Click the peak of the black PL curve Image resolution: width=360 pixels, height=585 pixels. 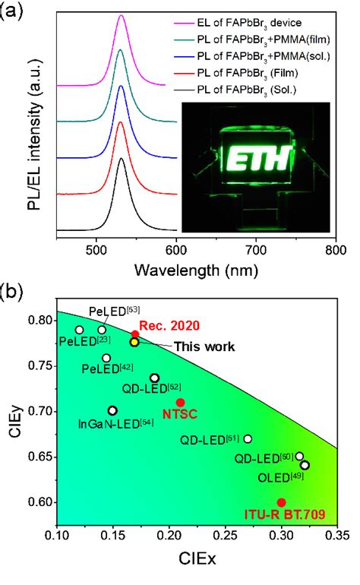point(122,159)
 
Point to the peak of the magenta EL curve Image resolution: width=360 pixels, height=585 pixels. point(122,16)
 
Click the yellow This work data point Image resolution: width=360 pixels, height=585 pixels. point(134,343)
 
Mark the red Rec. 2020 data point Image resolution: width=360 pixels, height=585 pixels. point(135,334)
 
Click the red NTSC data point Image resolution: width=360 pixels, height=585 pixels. point(180,402)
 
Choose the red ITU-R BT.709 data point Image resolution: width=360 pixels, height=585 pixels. point(282,502)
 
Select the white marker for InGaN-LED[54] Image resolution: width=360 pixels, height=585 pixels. point(112,410)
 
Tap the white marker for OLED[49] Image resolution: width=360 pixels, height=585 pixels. point(305,465)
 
